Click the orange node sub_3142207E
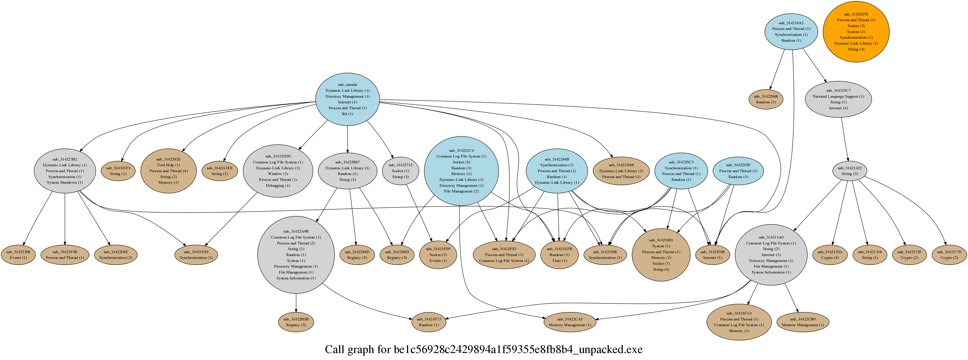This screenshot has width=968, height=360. tap(856, 32)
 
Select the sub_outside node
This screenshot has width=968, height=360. tap(347, 99)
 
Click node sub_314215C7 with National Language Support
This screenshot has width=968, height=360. tap(838, 99)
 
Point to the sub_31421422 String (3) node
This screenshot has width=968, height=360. tap(849, 171)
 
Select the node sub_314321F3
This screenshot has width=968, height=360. tap(118, 171)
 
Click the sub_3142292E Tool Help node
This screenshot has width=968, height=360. tap(168, 171)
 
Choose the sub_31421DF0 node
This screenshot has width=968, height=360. tap(278, 171)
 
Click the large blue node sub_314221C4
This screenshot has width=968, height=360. tap(461, 171)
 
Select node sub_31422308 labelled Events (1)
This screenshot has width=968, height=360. tap(18, 255)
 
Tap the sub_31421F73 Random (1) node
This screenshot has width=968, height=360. tap(429, 322)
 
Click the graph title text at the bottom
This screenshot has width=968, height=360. tap(484, 350)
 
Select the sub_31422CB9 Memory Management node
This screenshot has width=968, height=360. tap(803, 322)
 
